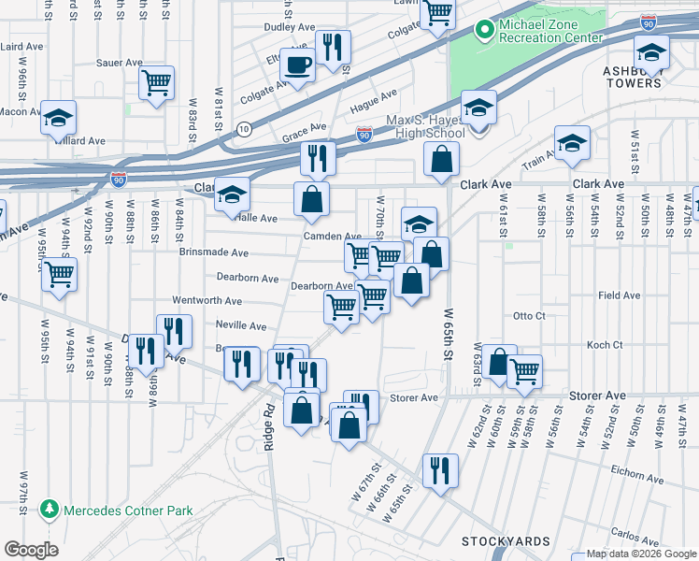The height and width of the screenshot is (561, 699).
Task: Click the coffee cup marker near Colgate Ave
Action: (x=297, y=65)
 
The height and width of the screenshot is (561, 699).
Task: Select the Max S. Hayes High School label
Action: (x=425, y=127)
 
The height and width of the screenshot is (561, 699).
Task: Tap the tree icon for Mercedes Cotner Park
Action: (x=49, y=510)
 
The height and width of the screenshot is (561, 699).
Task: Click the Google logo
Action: (x=30, y=550)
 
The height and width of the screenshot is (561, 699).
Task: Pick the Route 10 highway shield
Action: (x=244, y=128)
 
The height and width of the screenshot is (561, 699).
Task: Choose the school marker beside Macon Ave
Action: (x=58, y=117)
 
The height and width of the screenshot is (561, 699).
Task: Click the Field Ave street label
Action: (x=619, y=295)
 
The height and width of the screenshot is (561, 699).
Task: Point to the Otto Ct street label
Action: (x=529, y=316)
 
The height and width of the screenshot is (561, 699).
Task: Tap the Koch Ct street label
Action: (x=605, y=345)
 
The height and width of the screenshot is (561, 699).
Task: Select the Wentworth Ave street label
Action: (x=207, y=301)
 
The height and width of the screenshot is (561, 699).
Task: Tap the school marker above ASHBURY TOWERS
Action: (x=650, y=51)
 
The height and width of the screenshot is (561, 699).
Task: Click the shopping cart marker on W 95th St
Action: (x=59, y=274)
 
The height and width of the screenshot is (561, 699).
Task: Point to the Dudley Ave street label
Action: (x=289, y=28)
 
